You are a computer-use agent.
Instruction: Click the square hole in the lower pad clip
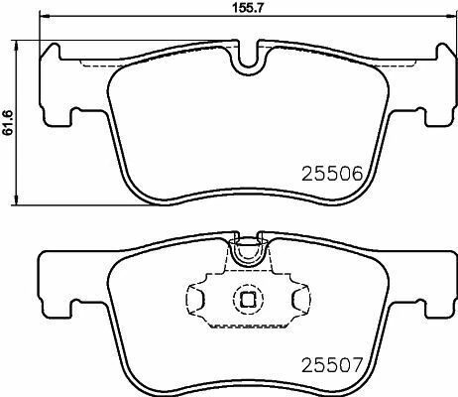[x=245, y=297]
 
